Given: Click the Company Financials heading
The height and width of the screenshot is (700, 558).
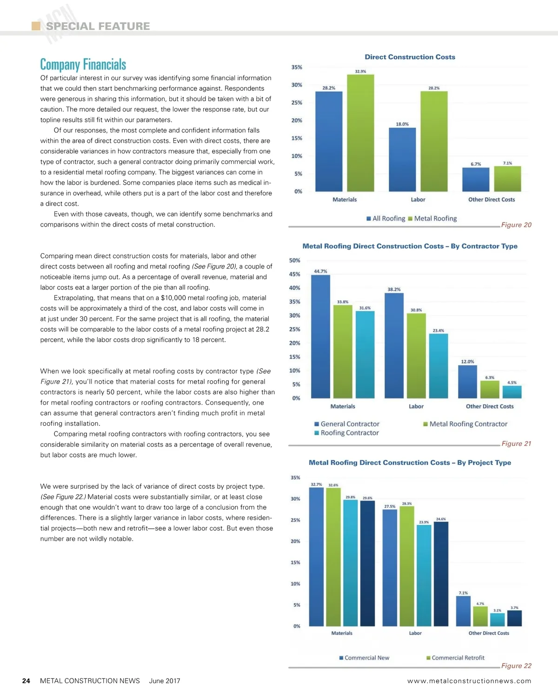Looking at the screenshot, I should [x=83, y=64].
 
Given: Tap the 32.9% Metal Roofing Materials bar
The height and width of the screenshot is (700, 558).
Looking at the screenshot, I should [x=360, y=133].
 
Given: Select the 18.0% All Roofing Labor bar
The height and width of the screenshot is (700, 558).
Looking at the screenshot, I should [x=402, y=160].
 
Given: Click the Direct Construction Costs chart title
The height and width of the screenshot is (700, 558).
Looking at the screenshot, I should [x=410, y=57].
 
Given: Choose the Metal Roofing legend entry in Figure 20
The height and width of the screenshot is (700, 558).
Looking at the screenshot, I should [x=432, y=218].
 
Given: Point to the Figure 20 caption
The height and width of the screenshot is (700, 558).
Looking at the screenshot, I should [x=516, y=225].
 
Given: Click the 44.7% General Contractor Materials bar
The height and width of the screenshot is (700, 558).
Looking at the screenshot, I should [x=320, y=337].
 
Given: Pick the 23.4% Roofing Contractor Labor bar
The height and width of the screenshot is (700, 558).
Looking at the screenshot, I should [x=438, y=366].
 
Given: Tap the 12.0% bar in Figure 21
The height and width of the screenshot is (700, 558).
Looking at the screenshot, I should [x=467, y=382].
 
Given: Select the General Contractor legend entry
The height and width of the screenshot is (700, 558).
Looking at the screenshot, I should [x=347, y=424].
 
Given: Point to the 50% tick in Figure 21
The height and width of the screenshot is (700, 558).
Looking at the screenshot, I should [x=295, y=261].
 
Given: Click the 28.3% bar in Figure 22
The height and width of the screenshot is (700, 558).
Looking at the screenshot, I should [x=407, y=566].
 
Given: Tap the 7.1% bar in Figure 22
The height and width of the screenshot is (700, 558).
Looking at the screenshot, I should [x=463, y=611].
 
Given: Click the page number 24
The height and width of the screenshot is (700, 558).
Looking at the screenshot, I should [x=26, y=681].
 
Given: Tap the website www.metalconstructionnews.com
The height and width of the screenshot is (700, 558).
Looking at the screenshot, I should [x=469, y=681].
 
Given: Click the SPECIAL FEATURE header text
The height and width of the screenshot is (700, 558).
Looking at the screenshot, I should [x=98, y=26].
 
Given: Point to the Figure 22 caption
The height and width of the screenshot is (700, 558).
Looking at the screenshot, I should [x=516, y=666].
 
